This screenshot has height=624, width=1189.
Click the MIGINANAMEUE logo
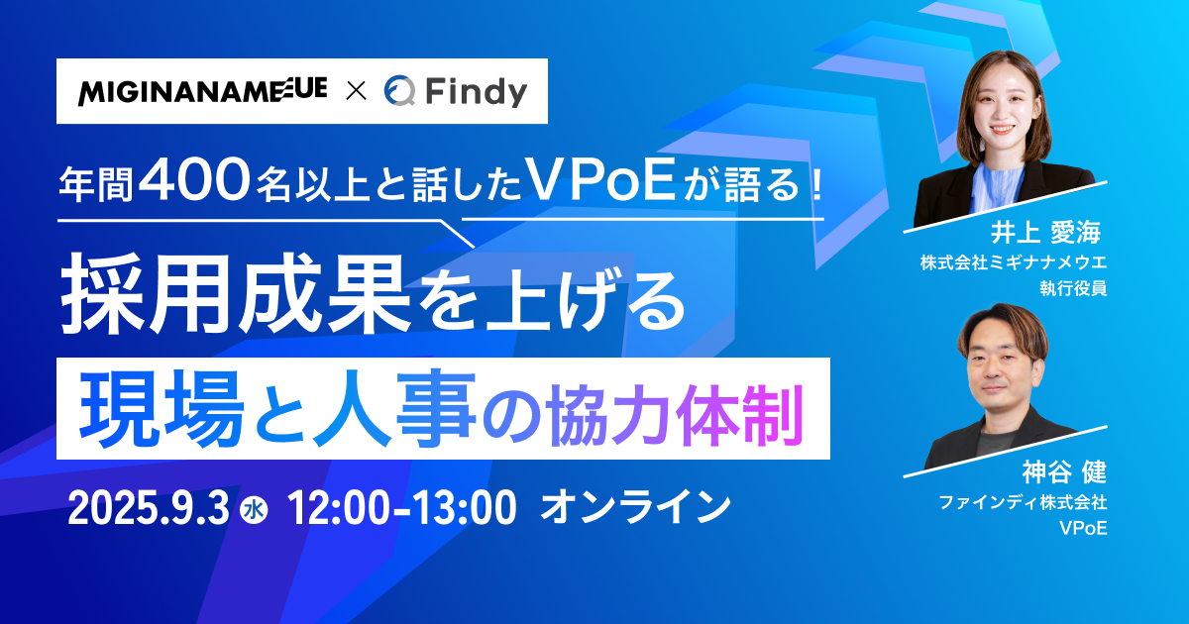202,91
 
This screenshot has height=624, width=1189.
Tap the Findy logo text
477,92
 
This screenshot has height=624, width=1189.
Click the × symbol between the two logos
356,91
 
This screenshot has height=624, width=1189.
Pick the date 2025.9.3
148,508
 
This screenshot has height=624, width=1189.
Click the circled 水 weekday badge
255,510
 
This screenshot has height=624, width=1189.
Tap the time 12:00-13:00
401,508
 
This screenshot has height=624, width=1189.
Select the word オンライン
635,508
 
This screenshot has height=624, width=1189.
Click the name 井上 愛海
1045,233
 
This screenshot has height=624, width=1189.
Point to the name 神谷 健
1064,471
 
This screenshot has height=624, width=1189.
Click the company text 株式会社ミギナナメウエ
1014,262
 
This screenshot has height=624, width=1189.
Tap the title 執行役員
1073,288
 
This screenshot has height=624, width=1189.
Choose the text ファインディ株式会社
1023,502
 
